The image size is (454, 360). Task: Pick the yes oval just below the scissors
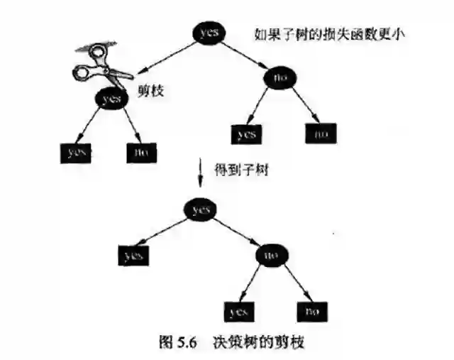pyautogui.click(x=111, y=99)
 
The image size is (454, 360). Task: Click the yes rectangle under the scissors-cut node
pyautogui.click(x=74, y=151)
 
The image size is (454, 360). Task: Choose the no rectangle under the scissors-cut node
pyautogui.click(x=141, y=151)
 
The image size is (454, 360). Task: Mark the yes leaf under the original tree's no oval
pyautogui.click(x=246, y=133)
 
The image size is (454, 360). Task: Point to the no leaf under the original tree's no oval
pyautogui.click(x=321, y=133)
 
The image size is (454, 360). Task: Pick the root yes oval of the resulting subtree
pyautogui.click(x=201, y=209)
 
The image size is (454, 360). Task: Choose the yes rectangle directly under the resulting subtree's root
pyautogui.click(x=134, y=256)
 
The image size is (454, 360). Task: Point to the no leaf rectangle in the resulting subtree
pyautogui.click(x=311, y=311)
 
